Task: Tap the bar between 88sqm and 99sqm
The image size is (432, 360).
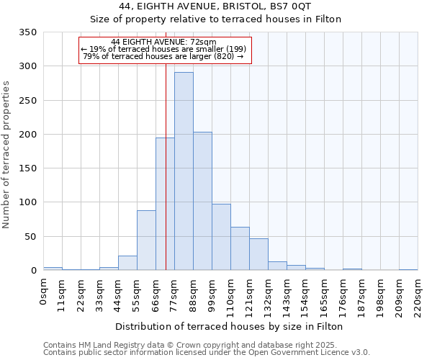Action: pyautogui.click(x=202, y=202)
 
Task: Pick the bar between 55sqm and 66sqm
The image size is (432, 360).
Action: pyautogui.click(x=146, y=240)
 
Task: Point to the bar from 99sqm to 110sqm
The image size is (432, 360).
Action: pyautogui.click(x=221, y=238)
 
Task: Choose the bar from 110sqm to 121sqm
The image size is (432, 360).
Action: pyautogui.click(x=240, y=249)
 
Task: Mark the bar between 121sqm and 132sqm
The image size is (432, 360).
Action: pyautogui.click(x=258, y=255)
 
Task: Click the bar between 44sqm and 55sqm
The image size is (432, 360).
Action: pyautogui.click(x=127, y=264)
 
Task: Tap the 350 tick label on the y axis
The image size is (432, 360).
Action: pyautogui.click(x=28, y=32)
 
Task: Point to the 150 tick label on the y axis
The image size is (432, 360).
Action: pyautogui.click(x=28, y=168)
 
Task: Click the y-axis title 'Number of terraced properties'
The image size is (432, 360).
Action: pyautogui.click(x=6, y=155)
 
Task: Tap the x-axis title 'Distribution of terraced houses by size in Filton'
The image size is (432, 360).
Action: pyautogui.click(x=229, y=326)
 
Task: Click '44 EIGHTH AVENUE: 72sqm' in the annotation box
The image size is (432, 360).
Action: pyautogui.click(x=164, y=42)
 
